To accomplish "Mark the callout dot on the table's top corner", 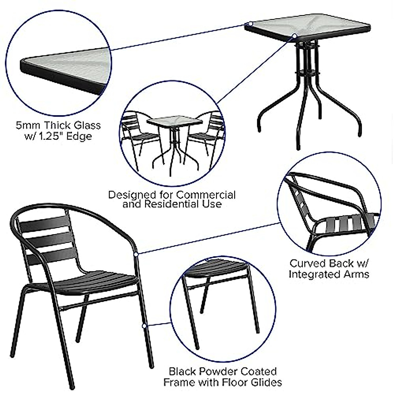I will coord(250,24).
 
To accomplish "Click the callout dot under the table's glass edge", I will coord(295,36).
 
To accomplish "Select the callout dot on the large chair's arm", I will coord(136,254).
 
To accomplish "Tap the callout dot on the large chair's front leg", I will coord(143,326).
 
